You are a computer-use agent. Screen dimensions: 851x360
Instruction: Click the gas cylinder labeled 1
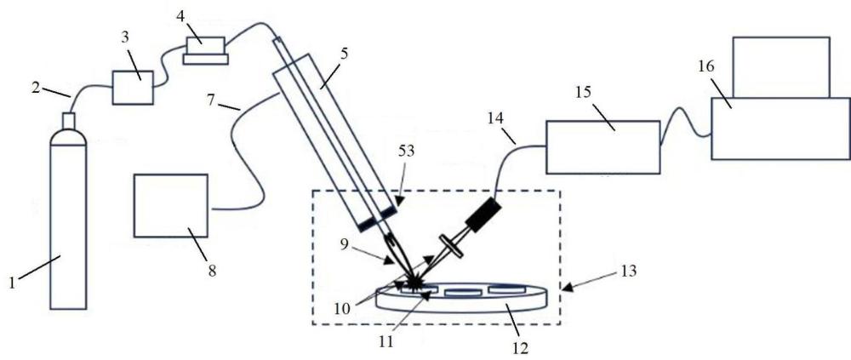point(67,221)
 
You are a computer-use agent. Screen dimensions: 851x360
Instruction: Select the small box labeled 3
point(133,87)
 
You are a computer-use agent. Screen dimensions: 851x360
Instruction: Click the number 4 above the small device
point(180,15)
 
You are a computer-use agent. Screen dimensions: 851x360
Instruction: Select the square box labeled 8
point(170,205)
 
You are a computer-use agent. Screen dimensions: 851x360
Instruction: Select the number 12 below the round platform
point(521,347)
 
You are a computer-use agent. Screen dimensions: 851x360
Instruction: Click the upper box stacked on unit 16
point(780,66)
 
